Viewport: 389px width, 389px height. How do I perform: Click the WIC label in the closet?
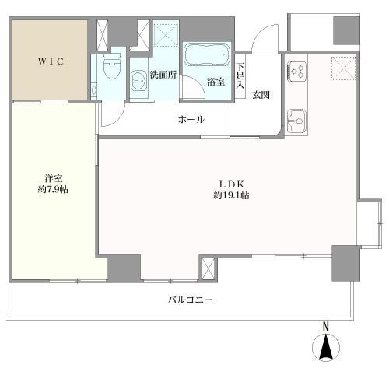tap(48, 60)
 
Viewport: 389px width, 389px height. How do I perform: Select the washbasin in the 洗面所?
tap(140, 79)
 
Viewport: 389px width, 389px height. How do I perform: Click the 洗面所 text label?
tap(163, 75)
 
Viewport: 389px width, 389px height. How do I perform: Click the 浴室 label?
tap(216, 82)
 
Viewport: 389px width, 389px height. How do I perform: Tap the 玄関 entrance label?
tap(261, 96)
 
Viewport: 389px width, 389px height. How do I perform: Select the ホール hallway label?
tap(191, 119)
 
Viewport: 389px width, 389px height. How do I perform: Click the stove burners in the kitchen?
tap(296, 71)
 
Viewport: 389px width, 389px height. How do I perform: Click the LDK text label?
tap(231, 184)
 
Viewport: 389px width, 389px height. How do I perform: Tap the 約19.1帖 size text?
tap(231, 196)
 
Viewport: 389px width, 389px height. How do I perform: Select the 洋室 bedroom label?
tap(52, 177)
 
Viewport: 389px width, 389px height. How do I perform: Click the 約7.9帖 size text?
tap(52, 190)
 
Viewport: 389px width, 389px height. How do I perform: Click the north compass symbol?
tap(326, 349)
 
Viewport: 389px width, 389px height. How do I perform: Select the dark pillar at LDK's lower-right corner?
tap(344, 263)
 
